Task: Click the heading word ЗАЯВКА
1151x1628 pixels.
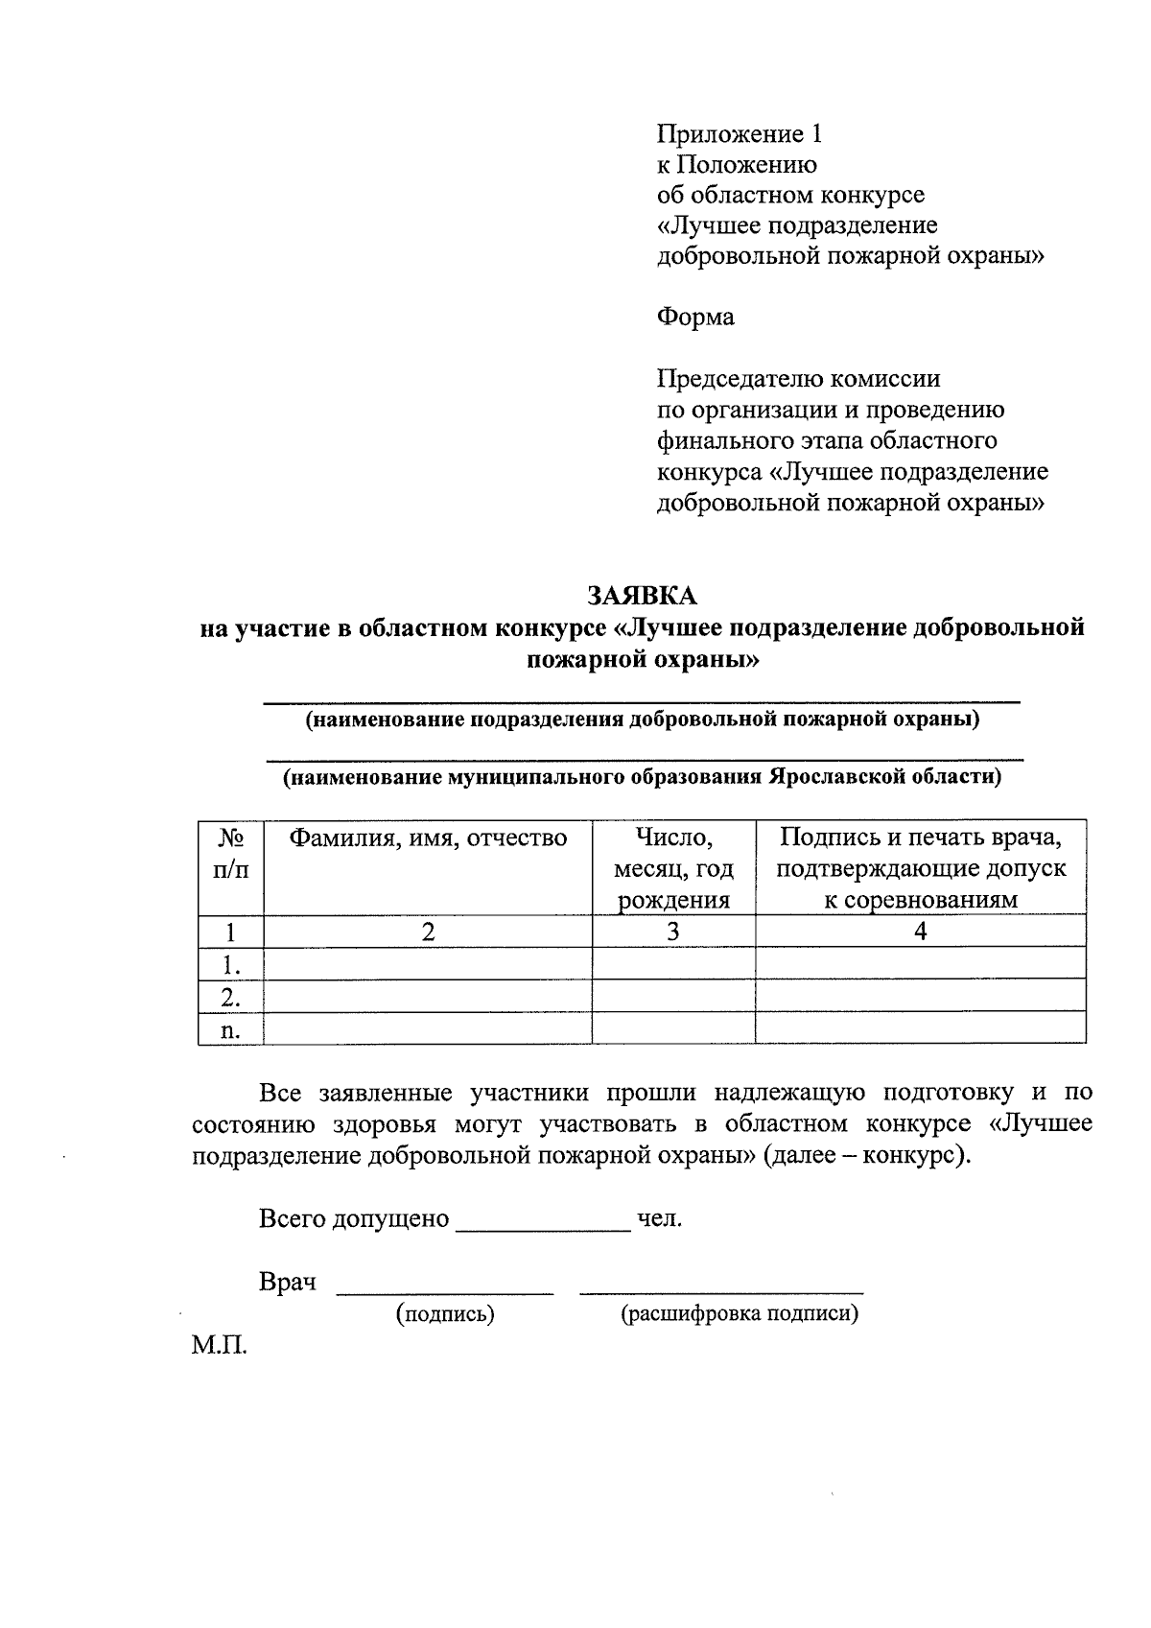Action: coord(642,596)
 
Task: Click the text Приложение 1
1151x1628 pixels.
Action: coord(739,133)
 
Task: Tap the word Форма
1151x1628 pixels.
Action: coord(695,317)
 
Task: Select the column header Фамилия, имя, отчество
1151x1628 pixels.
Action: coord(428,838)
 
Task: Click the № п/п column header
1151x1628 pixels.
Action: coord(230,854)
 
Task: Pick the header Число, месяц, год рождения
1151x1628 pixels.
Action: coord(673,868)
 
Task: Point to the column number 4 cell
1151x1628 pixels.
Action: coord(920,931)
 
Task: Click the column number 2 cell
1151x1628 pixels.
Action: coord(428,931)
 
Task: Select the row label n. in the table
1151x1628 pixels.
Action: coord(230,1030)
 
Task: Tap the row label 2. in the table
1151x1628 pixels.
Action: coord(230,997)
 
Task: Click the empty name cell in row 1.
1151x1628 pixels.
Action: coord(428,963)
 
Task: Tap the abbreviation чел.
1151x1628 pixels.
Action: coord(659,1219)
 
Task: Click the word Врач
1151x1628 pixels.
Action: coord(288,1283)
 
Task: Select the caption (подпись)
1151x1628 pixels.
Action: coord(445,1314)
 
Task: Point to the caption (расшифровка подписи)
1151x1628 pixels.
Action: coord(739,1314)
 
